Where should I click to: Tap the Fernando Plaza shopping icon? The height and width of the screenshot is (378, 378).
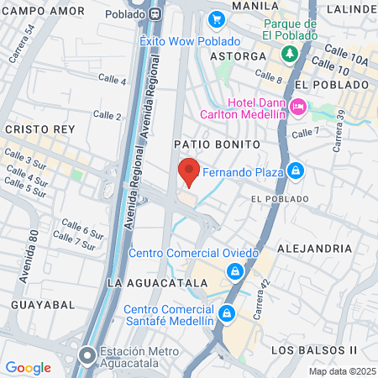pos(295,171)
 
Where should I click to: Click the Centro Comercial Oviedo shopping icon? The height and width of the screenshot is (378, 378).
pos(235,271)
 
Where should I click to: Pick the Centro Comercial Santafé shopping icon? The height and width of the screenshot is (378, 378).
pos(226,314)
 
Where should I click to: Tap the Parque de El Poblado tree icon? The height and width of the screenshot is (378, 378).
pos(290,53)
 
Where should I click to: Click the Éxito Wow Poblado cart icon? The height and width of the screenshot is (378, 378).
pos(216,18)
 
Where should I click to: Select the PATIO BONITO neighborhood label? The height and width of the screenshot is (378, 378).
pos(213,144)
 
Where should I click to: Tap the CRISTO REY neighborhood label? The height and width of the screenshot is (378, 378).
pos(39,130)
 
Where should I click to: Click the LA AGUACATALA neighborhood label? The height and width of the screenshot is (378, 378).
pos(157,283)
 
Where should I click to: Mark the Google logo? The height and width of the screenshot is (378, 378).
pos(28,367)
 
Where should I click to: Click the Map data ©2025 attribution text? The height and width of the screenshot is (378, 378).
pos(342,371)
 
